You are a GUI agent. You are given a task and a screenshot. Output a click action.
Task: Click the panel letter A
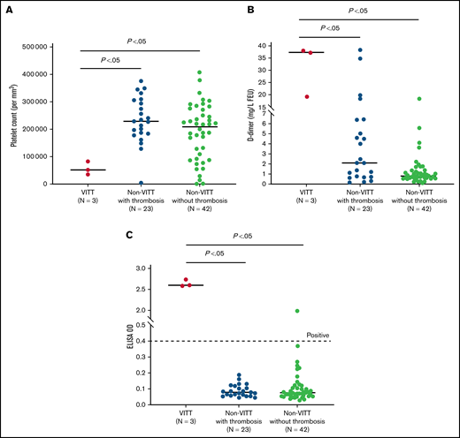[8, 11]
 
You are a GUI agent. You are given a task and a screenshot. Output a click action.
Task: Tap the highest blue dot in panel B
[360, 50]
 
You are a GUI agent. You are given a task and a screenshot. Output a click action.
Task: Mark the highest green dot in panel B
[418, 99]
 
